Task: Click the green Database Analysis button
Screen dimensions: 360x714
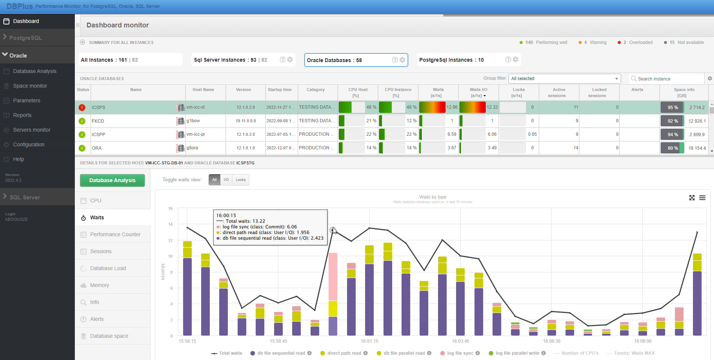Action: pyautogui.click(x=112, y=180)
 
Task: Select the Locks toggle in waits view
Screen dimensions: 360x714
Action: pyautogui.click(x=241, y=180)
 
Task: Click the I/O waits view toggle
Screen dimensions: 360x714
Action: pyautogui.click(x=226, y=180)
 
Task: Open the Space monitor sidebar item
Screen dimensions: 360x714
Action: pyautogui.click(x=30, y=86)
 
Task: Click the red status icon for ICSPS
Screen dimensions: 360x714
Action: pyautogui.click(x=82, y=108)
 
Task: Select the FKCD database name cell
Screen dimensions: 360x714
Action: pyautogui.click(x=98, y=121)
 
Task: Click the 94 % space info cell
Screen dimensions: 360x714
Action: pyautogui.click(x=673, y=135)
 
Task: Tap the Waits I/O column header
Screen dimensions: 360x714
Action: pyautogui.click(x=478, y=92)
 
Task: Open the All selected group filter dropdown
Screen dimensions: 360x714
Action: pyautogui.click(x=564, y=79)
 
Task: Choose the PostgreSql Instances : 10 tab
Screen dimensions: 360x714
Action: pyautogui.click(x=451, y=60)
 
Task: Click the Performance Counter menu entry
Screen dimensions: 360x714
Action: pyautogui.click(x=115, y=234)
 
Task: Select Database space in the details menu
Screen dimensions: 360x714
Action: pyautogui.click(x=109, y=336)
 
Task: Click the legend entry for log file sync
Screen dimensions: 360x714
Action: pyautogui.click(x=460, y=353)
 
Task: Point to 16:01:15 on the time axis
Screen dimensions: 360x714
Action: pyautogui.click(x=370, y=341)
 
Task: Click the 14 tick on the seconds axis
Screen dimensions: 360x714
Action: pyautogui.click(x=170, y=224)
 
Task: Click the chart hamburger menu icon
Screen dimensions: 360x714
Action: pyautogui.click(x=702, y=198)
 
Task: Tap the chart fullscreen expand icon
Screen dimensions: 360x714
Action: pyautogui.click(x=692, y=198)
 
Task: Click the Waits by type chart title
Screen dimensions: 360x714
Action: pyautogui.click(x=432, y=197)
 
